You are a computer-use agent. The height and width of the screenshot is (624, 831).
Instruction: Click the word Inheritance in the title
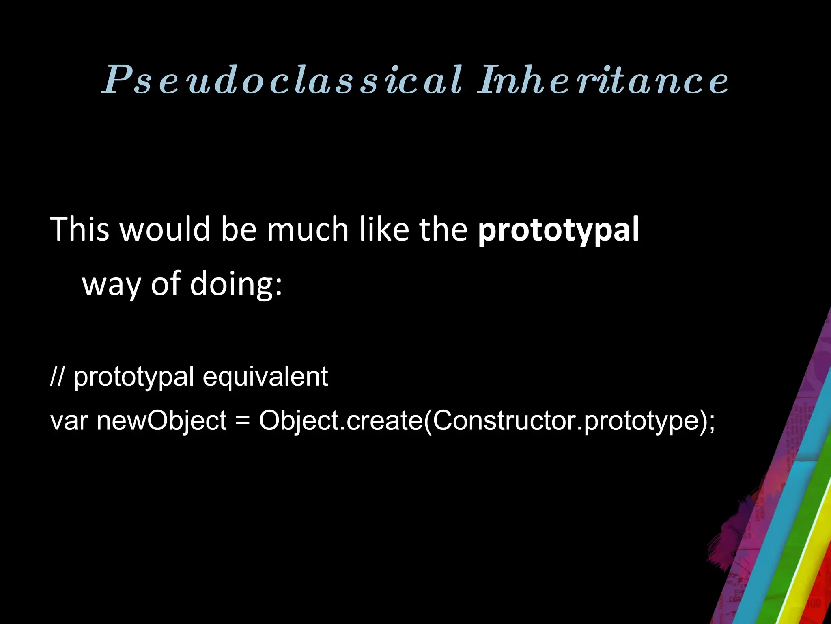pos(603,80)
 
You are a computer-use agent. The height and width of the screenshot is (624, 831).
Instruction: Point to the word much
pos(308,230)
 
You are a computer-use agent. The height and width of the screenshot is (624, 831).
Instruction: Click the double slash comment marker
pos(57,377)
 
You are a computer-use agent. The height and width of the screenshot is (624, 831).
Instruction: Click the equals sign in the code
pos(242,420)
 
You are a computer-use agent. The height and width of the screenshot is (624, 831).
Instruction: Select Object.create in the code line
pos(341,420)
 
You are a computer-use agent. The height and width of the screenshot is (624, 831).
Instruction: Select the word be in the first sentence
pos(239,230)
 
